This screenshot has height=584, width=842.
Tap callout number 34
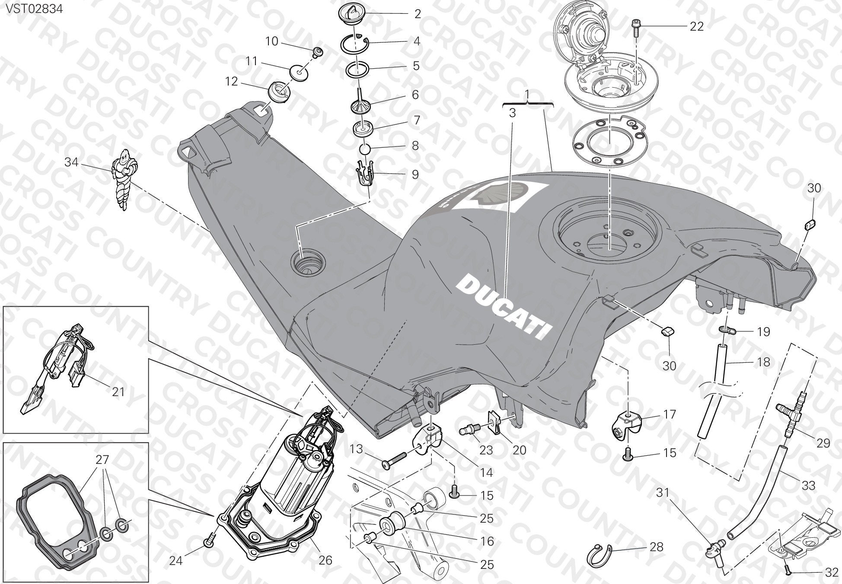71,162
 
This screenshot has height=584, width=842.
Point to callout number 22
696,26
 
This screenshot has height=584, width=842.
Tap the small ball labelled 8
366,149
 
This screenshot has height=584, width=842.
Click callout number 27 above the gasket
102,460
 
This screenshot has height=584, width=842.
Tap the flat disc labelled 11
298,72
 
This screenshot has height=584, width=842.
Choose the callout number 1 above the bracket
527,93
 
